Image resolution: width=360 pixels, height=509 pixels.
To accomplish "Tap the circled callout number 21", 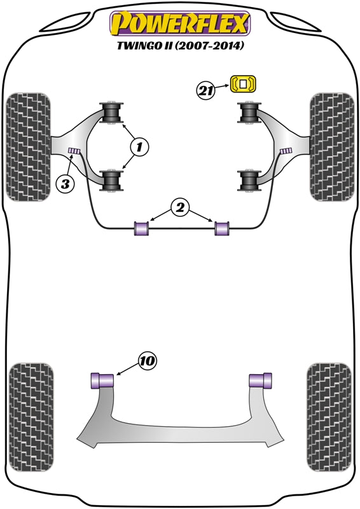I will [204, 91].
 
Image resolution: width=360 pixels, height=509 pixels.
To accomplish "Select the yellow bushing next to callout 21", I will [244, 83].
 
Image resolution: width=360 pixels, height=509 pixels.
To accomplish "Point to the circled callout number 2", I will [180, 207].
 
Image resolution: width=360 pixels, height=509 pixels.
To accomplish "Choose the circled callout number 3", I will [65, 185].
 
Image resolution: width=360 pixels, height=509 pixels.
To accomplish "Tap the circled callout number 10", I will [146, 361].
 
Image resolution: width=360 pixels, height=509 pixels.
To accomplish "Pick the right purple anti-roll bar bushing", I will [221, 227].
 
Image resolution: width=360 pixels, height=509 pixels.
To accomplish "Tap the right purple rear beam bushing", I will [260, 380].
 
